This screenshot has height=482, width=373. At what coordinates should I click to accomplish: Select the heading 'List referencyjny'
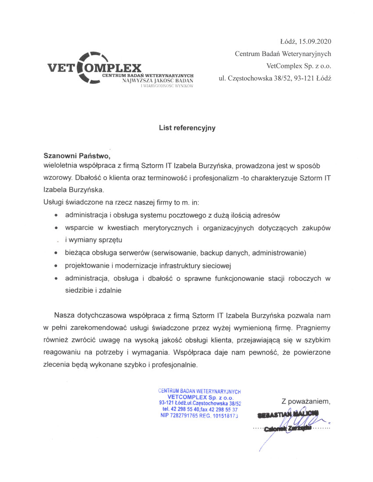[x=187, y=128]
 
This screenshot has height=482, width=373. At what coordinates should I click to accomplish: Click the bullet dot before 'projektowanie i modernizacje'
[x=56, y=266]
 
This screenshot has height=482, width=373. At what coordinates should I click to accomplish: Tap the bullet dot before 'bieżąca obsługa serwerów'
[x=56, y=253]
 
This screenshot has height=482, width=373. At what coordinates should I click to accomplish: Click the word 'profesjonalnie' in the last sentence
[x=176, y=364]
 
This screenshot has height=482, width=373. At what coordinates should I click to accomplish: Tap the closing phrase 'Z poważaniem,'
[x=306, y=400]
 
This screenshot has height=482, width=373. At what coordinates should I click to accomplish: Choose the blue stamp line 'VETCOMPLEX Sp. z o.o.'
[x=199, y=397]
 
